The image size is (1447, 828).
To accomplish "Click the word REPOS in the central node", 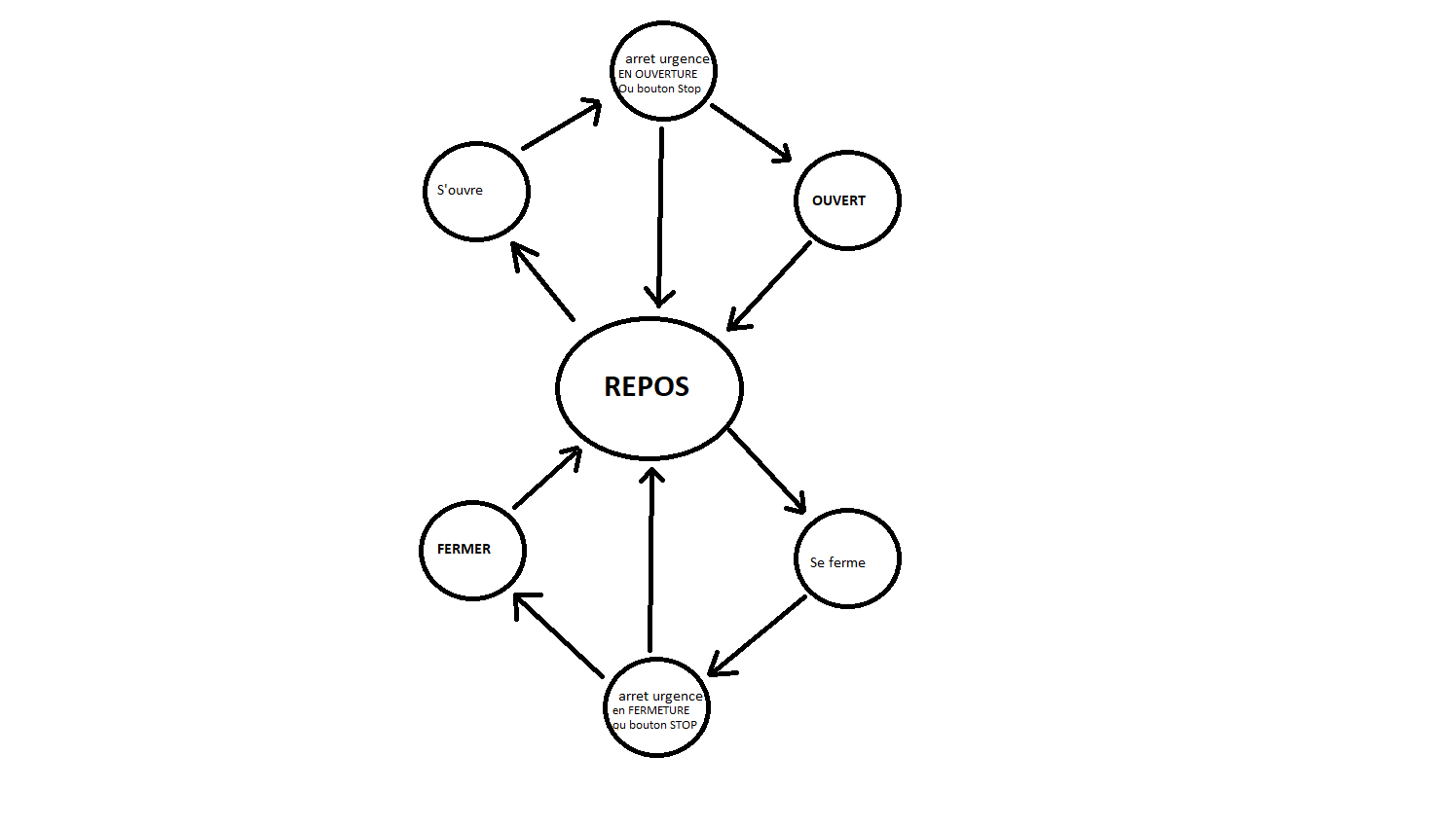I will coord(647,387).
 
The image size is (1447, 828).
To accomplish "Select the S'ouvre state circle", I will coord(476,192).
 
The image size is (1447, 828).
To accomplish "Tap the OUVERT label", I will coord(838,200).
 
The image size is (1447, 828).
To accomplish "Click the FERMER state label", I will coord(464,549).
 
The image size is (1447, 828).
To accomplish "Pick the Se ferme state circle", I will coord(847,558).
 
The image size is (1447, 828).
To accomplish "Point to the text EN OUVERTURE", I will coord(658,74).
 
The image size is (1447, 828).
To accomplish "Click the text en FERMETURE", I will coord(651,710).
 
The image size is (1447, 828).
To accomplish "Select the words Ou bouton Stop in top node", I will coord(660,89).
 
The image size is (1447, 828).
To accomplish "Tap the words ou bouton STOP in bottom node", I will coord(655,725).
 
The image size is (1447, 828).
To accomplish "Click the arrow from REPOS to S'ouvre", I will coord(543,281).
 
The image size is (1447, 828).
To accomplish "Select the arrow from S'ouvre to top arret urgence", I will coord(561,126).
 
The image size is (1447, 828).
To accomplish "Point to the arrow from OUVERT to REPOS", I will coord(769,285).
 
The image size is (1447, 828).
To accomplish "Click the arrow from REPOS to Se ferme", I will coord(766,470).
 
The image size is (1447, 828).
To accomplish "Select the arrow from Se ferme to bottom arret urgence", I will coord(759,634).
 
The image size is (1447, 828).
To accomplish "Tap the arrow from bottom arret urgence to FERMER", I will coord(559,635).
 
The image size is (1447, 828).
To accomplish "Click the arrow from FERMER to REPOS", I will coord(547,478).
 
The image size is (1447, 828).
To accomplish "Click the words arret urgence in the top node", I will coord(667,59).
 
